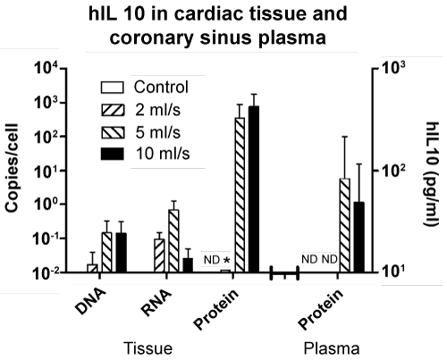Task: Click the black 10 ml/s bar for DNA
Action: pos(122,253)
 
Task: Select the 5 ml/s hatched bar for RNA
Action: pos(173,241)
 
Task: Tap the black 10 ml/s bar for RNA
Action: pos(188,265)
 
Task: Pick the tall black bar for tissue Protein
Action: pos(254,188)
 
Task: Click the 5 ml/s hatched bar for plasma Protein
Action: pos(345,225)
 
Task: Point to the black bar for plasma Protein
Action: pos(359,237)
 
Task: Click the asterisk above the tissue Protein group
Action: pos(227,261)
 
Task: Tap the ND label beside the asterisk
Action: pos(212,260)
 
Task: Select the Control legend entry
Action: pos(145,88)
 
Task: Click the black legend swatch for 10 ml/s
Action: pos(113,155)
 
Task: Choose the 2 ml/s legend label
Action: pos(158,110)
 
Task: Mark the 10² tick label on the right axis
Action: pos(393,171)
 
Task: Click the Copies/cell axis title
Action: pos(13,168)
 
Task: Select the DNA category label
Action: pos(90,301)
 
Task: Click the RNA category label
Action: pos(156,303)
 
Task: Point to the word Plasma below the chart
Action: pos(332,348)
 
